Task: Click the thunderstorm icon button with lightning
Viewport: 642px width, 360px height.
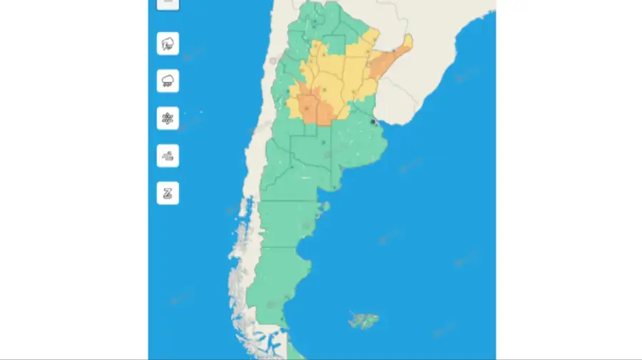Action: [x=168, y=43]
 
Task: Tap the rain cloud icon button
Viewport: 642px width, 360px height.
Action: [x=168, y=81]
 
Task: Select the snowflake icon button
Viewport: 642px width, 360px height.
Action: [x=168, y=118]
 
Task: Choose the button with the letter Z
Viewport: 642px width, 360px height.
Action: [x=168, y=192]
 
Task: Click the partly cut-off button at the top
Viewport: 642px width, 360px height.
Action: [x=168, y=4]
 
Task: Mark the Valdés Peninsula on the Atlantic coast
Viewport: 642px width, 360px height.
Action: [x=325, y=207]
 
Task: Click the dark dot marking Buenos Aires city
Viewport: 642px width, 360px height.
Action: [x=373, y=122]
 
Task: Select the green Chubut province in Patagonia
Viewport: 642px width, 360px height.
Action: [x=285, y=224]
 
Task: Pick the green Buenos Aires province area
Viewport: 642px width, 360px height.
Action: [x=350, y=146]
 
